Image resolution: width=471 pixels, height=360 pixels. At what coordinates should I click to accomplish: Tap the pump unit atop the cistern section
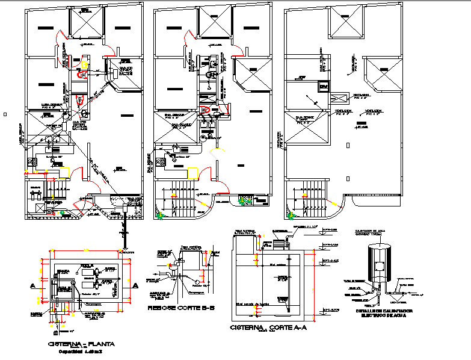(x=280, y=243)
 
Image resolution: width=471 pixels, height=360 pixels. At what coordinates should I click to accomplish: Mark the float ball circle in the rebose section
(x=196, y=283)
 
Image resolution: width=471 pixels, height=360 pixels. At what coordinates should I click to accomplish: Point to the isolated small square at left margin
(x=5, y=114)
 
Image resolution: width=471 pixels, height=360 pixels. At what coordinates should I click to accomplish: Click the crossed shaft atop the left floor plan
(x=88, y=25)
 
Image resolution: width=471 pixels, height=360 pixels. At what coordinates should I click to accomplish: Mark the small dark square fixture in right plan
(x=325, y=87)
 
